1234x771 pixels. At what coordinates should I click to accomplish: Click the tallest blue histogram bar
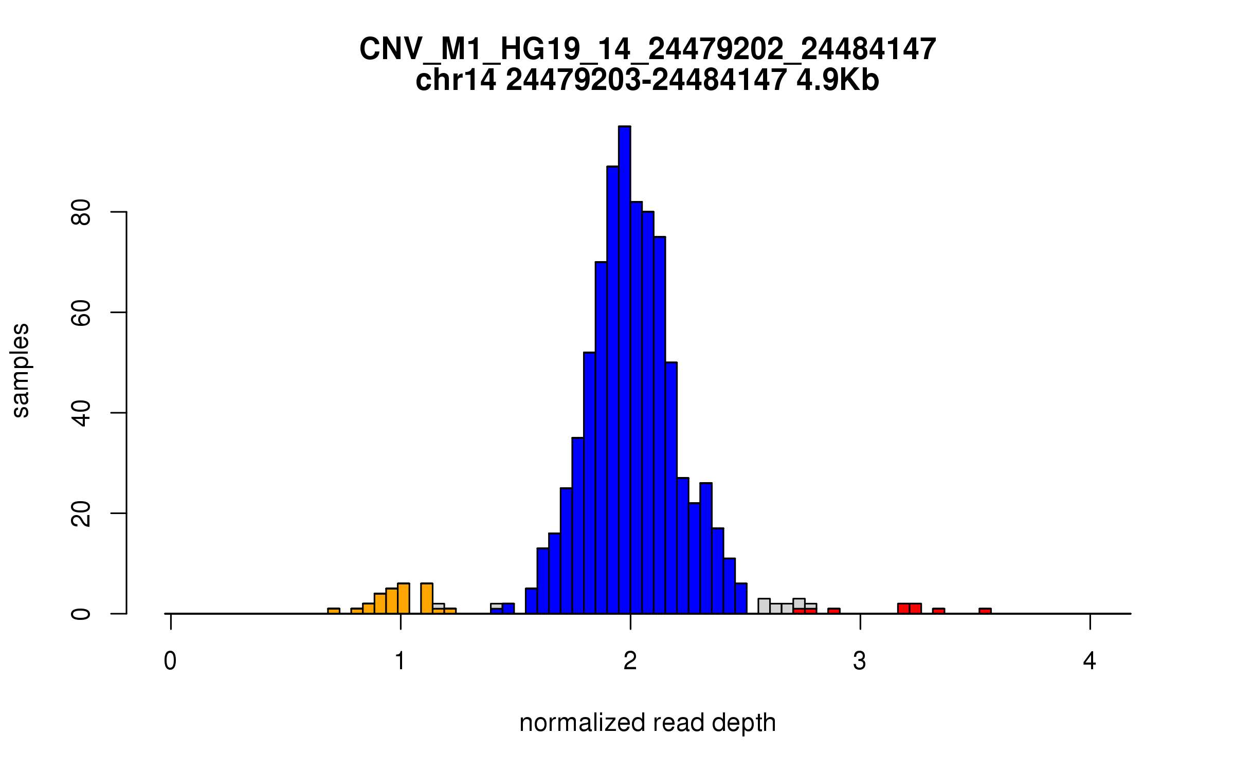[624, 370]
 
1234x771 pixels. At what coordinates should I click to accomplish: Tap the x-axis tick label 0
[170, 661]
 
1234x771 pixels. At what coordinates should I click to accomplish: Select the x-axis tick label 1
[400, 661]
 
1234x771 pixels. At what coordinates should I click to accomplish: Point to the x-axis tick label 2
[630, 661]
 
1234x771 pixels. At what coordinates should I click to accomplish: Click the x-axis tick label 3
[860, 661]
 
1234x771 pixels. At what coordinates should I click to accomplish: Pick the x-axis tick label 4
[1090, 661]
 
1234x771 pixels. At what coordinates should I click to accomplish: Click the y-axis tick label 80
[81, 212]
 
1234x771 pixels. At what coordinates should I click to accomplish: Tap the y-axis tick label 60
[81, 313]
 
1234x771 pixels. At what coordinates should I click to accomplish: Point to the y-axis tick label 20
[81, 513]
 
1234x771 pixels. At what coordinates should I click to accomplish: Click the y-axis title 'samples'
[21, 370]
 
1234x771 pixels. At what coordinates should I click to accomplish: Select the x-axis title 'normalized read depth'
[647, 723]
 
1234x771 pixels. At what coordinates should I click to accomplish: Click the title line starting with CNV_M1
[647, 49]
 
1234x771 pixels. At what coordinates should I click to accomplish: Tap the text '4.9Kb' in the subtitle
[838, 80]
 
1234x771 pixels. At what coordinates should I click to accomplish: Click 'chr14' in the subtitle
[456, 80]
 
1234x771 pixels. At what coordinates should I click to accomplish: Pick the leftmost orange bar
[334, 611]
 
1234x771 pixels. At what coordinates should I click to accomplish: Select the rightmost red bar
[985, 611]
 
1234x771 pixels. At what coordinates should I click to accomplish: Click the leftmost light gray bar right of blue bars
[764, 607]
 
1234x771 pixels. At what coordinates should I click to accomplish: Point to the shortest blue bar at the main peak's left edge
[531, 601]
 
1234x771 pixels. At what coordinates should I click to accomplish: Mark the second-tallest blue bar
[612, 391]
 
